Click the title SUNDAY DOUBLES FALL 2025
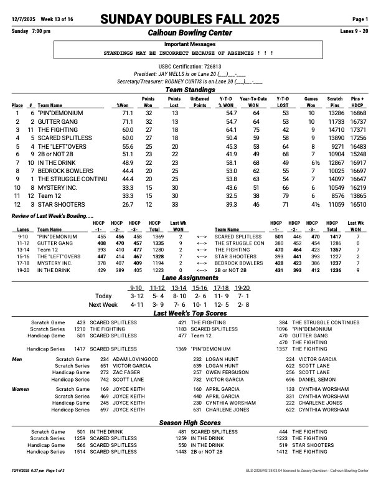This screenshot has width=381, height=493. [x=190, y=19]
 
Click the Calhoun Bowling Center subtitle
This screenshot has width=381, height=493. [x=190, y=32]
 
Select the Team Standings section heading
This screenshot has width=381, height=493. [x=190, y=90]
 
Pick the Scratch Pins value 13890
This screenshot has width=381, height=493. [x=335, y=138]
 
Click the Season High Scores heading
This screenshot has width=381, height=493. [x=190, y=423]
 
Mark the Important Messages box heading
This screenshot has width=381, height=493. [x=190, y=45]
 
